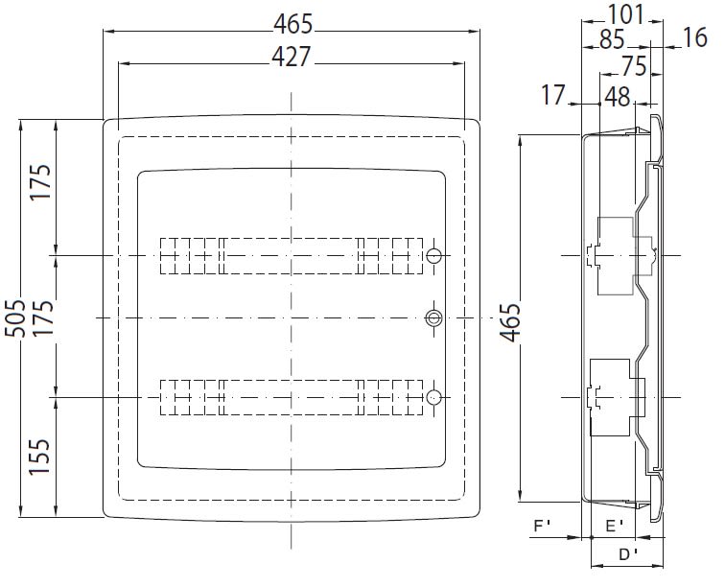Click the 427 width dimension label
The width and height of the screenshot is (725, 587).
click(292, 57)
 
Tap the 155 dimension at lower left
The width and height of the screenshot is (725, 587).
click(39, 457)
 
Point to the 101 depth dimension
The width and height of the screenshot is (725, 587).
click(625, 14)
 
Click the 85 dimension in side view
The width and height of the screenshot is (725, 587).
click(612, 39)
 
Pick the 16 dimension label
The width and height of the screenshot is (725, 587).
click(695, 37)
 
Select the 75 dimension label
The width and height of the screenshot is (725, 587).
click(634, 66)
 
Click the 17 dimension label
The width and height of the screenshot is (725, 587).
click(553, 95)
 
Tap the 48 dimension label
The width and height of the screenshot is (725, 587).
click(618, 97)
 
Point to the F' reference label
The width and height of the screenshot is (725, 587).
click(543, 526)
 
